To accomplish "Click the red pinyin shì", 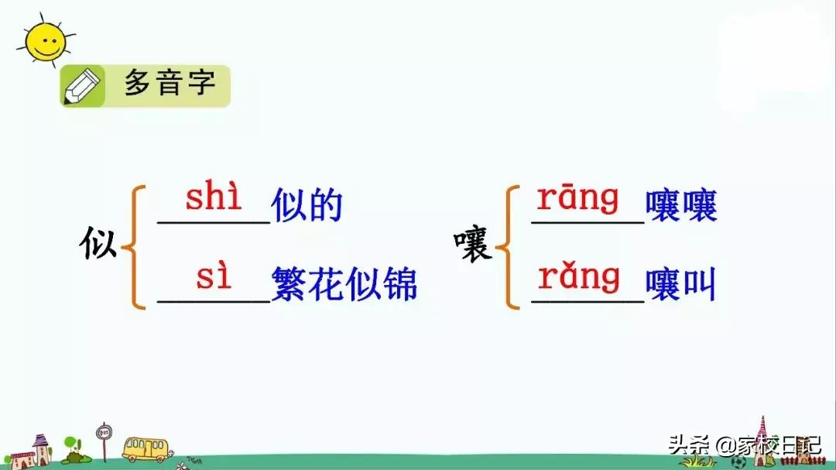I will (214, 198).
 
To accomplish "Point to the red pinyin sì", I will (214, 276).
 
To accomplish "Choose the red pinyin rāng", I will (578, 198).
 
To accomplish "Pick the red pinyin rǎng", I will (578, 276).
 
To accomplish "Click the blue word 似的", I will (307, 206).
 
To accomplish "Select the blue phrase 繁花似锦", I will (344, 284).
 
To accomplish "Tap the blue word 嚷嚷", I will (681, 206).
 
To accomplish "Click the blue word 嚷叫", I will (681, 286).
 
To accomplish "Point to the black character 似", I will (99, 245).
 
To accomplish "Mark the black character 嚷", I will (473, 247).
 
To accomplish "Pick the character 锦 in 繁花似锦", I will (400, 284).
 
